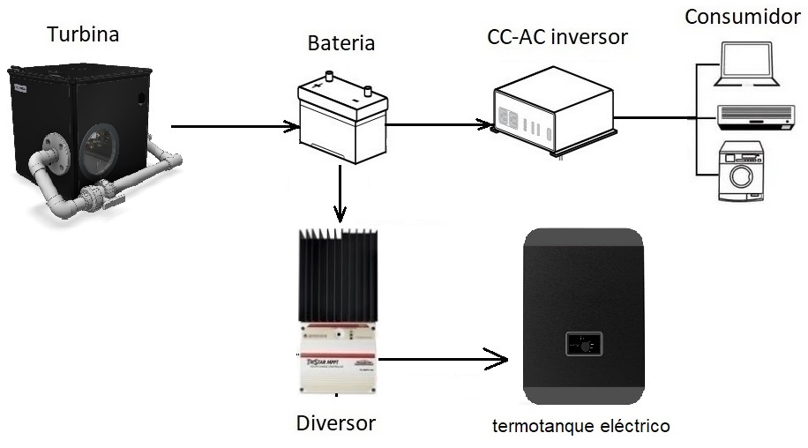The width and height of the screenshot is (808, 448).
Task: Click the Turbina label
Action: tap(83, 35)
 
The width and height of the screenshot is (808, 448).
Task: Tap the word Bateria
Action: tap(340, 42)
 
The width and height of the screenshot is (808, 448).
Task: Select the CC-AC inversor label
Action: tap(557, 38)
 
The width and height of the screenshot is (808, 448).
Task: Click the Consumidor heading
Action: tap(744, 17)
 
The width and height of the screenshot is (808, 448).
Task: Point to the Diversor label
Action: tap(335, 422)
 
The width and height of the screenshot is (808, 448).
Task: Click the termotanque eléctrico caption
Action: tap(580, 427)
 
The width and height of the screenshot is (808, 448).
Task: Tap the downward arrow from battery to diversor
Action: tap(340, 194)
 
